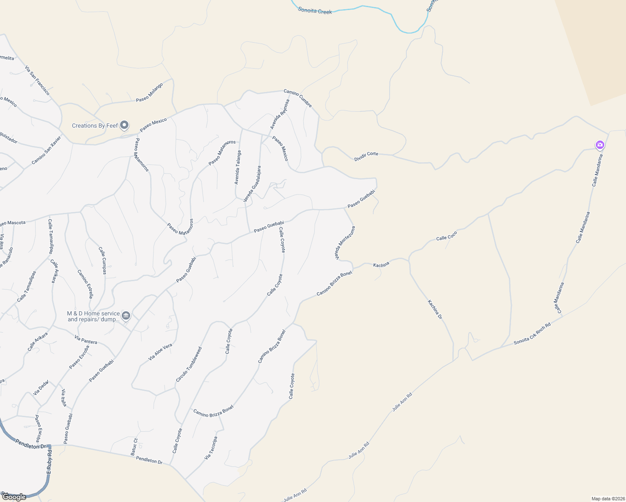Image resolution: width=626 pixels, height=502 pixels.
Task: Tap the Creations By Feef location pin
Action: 124,125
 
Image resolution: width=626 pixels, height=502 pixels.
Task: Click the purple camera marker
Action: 600,145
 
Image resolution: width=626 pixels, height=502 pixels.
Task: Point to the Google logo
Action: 14,497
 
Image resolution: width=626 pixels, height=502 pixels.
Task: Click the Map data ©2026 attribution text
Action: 608,499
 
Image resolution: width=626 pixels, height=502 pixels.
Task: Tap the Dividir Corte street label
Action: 366,156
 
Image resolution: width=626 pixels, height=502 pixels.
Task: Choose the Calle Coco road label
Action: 446,236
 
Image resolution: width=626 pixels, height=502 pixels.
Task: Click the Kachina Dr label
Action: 435,310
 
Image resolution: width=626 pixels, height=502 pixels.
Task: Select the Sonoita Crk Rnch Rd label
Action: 532,334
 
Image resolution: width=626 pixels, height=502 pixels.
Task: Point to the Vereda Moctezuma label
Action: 345,243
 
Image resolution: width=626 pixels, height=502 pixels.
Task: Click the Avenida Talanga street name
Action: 238,167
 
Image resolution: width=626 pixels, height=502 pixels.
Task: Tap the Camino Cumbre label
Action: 298,98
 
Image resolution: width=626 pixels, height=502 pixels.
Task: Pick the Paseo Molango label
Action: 149,92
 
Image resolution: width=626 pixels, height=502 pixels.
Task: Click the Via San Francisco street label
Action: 37,80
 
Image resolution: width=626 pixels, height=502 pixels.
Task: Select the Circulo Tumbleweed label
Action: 189,364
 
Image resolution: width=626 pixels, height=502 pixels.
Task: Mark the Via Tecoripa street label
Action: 211,448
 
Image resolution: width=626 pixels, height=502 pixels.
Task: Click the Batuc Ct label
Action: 134,447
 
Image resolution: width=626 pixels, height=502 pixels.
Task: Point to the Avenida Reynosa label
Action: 280,114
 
